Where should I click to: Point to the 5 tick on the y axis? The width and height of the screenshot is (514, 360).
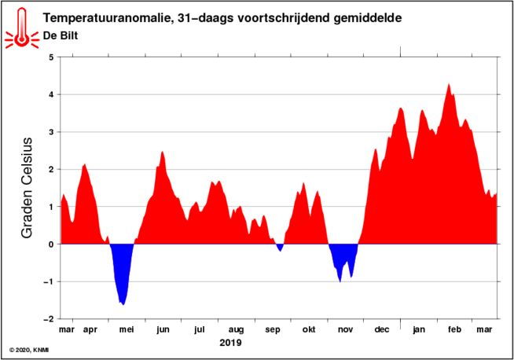51,57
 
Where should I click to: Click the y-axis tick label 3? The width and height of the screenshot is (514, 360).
51,132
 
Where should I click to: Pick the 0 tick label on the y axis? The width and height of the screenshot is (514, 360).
51,244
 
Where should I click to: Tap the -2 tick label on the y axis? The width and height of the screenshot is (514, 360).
49,319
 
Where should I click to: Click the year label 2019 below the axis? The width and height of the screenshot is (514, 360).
230,343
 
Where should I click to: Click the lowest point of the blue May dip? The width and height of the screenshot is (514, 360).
123,303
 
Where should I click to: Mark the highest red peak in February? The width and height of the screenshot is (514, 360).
449,85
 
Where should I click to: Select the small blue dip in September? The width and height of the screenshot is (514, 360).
281,248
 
